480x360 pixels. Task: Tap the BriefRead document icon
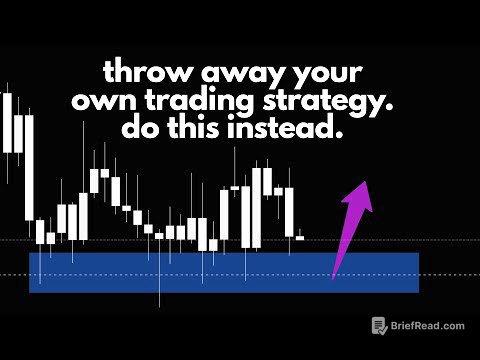(x=379, y=325)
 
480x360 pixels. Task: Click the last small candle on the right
(x=300, y=238)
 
